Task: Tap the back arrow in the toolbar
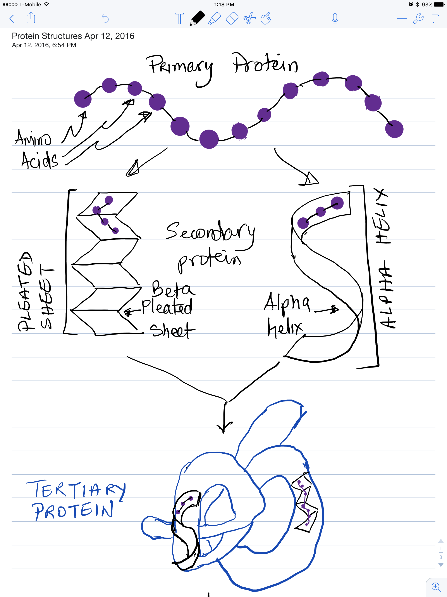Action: [x=12, y=19]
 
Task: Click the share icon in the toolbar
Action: [x=31, y=18]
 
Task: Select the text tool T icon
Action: [x=179, y=18]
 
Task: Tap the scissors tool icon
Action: [x=249, y=18]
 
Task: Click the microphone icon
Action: [x=335, y=18]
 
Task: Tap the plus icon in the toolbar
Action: [x=402, y=18]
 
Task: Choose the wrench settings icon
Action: [x=418, y=18]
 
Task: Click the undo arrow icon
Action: [x=105, y=18]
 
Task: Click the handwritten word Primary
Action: [x=181, y=66]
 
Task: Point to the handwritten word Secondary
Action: [x=210, y=232]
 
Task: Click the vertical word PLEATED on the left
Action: [x=25, y=292]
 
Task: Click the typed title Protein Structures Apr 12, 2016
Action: [x=73, y=36]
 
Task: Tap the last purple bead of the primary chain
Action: [x=394, y=129]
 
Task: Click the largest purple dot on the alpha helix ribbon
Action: [x=337, y=203]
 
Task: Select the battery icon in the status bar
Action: [x=439, y=4]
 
